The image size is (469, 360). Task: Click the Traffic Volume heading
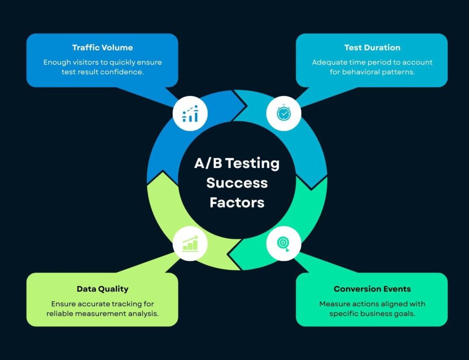102,48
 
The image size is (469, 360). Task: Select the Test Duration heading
372,48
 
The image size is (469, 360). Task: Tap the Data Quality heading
102,289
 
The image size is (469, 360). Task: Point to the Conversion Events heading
372,289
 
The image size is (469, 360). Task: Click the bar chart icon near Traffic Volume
190,113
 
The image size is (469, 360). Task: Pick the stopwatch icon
284,113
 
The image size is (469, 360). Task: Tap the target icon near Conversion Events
284,243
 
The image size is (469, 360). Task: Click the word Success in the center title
237,183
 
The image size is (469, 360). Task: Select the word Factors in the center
237,202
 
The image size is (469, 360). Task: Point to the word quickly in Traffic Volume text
123,62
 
